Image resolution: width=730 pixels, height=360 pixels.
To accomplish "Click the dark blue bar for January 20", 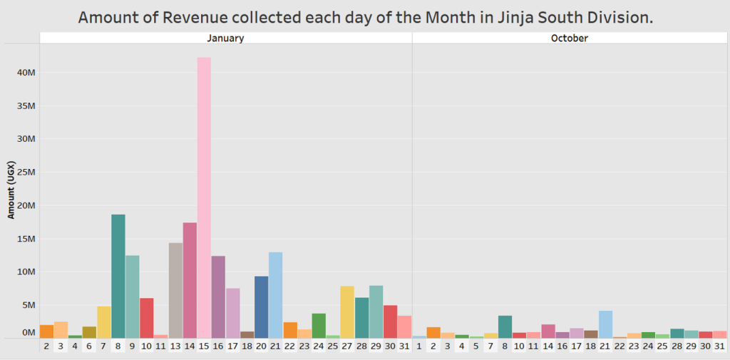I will [x=262, y=307].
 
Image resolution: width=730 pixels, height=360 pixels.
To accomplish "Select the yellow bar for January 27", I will [x=347, y=312].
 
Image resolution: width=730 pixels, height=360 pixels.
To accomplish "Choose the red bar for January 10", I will [x=146, y=317].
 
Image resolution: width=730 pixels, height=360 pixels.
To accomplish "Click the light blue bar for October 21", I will [x=605, y=324].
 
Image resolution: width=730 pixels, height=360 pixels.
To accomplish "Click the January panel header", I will [x=225, y=38].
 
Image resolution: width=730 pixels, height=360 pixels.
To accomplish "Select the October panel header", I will [x=570, y=38].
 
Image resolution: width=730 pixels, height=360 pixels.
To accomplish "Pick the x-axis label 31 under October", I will [x=719, y=346].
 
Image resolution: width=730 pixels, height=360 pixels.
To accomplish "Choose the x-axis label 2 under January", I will [x=46, y=346].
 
